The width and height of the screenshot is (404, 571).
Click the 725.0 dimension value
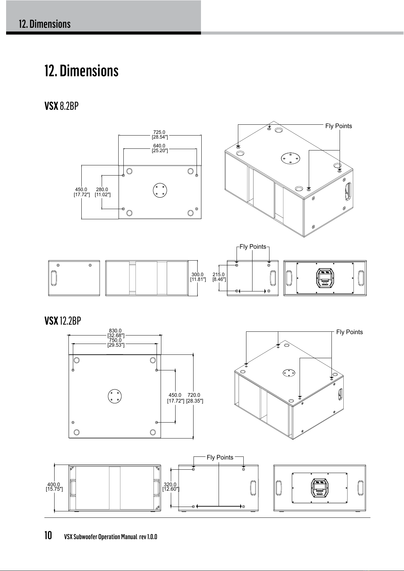[x=159, y=132]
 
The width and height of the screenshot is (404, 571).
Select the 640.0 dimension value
[x=159, y=146]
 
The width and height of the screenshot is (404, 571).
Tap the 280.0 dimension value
[x=102, y=189]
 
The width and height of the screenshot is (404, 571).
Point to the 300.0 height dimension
[x=198, y=274]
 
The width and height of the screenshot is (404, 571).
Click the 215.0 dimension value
[x=219, y=274]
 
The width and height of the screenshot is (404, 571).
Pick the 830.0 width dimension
[x=115, y=331]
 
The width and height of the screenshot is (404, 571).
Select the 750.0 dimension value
[x=115, y=340]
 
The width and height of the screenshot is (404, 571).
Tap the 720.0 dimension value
[x=194, y=395]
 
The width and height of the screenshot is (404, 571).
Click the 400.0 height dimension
[x=54, y=485]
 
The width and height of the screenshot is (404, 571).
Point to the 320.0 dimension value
[x=170, y=485]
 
